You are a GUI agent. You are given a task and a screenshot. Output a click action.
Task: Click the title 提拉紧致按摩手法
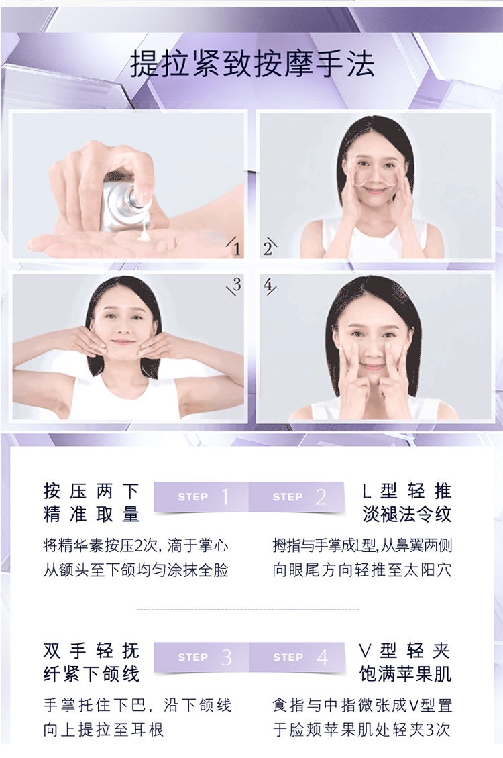252,64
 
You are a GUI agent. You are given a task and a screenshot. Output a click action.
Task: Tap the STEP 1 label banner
201,497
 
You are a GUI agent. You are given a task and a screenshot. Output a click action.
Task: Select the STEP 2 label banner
296,497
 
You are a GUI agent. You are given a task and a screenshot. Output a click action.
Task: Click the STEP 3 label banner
201,657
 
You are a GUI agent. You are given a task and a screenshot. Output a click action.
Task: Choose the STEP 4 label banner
296,657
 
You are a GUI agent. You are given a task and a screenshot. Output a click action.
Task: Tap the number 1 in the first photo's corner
236,248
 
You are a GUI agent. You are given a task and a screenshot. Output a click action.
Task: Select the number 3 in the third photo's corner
236,284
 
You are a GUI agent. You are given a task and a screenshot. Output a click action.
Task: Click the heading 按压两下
91,491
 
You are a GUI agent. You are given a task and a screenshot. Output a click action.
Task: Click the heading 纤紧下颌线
91,674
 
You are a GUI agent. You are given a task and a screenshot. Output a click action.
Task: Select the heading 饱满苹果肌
406,674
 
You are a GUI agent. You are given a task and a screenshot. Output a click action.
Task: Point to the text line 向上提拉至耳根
103,729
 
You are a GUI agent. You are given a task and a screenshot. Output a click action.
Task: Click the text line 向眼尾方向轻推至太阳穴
362,570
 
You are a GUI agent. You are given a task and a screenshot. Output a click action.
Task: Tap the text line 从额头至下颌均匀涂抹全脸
135,570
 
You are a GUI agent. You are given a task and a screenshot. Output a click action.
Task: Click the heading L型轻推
407,491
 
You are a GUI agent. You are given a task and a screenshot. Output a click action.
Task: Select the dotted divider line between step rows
248,610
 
